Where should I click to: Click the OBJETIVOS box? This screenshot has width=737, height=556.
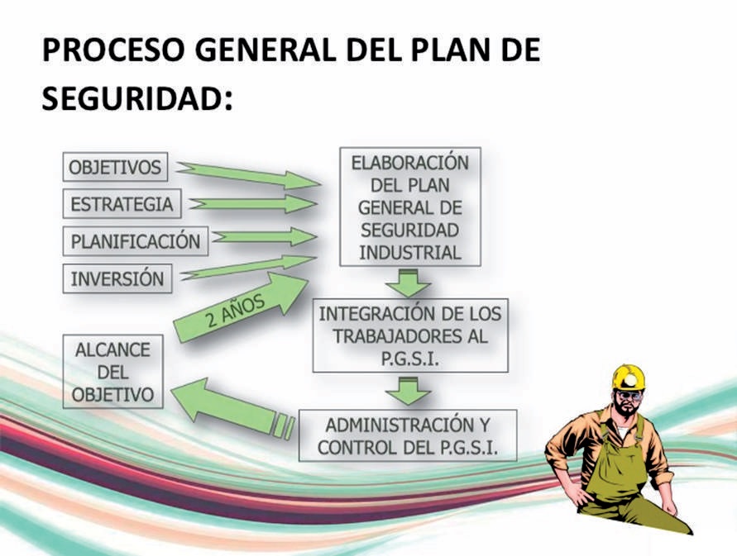[115, 167]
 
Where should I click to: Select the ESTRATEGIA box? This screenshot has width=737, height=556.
[122, 204]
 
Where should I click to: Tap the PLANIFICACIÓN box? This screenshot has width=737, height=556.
[136, 241]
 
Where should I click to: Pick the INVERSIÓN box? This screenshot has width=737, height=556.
[117, 278]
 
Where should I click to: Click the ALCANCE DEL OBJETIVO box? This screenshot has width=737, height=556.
[112, 372]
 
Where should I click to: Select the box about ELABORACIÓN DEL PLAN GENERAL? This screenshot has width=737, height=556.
[410, 207]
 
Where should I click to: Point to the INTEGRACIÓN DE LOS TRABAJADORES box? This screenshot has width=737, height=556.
[410, 335]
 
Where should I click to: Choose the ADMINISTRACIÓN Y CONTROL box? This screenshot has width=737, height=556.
[408, 435]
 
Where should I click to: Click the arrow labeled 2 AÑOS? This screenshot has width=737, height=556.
[241, 307]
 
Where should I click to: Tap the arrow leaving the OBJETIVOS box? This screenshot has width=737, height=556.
[248, 174]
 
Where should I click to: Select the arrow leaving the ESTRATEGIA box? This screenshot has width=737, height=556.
[253, 204]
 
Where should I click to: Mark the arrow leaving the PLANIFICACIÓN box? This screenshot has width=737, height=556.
[263, 236]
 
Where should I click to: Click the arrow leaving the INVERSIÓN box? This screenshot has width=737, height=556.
[247, 268]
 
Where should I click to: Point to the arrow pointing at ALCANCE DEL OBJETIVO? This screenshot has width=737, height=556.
[232, 407]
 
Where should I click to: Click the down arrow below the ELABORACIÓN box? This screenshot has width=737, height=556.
[408, 283]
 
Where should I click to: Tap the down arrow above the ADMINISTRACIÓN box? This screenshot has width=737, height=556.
[408, 391]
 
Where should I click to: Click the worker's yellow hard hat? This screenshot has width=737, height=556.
[629, 378]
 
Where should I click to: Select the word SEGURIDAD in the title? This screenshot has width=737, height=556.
[132, 99]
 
